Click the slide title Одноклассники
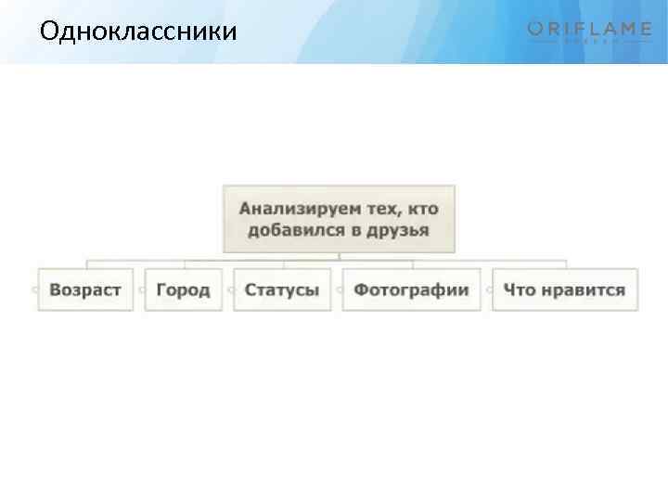[x=138, y=32]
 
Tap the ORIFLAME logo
[x=590, y=32]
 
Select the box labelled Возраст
[x=85, y=289]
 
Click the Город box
[x=183, y=289]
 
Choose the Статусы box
[x=282, y=289]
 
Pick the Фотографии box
[x=411, y=289]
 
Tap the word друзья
[x=397, y=229]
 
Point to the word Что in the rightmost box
[x=520, y=289]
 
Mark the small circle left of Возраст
[x=34, y=289]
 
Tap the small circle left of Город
[x=142, y=289]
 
